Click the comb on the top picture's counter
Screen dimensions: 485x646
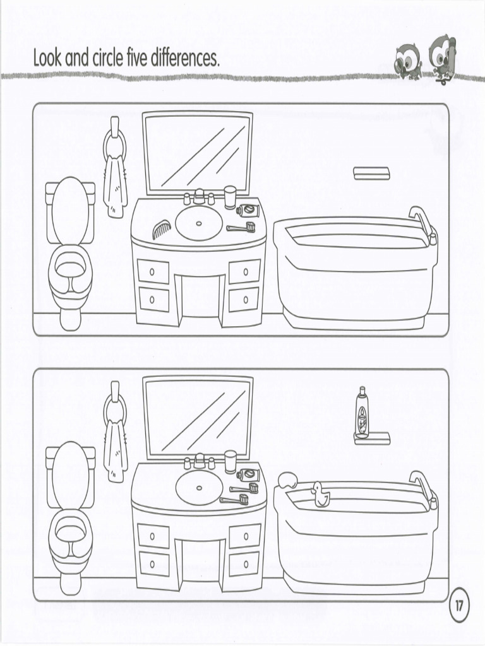[x=161, y=229]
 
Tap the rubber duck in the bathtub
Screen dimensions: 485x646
[x=320, y=495]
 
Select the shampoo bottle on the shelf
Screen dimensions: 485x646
[x=362, y=412]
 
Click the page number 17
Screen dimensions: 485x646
[x=459, y=606]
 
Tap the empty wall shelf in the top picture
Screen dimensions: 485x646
[x=371, y=173]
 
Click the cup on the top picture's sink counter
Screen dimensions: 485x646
[x=230, y=197]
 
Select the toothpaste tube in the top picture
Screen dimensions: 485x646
[x=248, y=210]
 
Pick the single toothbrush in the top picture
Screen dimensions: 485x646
[x=241, y=227]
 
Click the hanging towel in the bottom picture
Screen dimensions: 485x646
[x=115, y=451]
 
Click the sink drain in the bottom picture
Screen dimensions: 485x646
[x=199, y=488]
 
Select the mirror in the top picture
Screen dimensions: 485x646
[x=198, y=153]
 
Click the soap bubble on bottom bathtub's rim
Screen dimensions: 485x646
[x=287, y=480]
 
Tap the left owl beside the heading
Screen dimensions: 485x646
[x=409, y=62]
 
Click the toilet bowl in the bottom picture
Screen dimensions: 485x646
[x=70, y=537]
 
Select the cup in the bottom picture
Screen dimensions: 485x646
[x=231, y=462]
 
